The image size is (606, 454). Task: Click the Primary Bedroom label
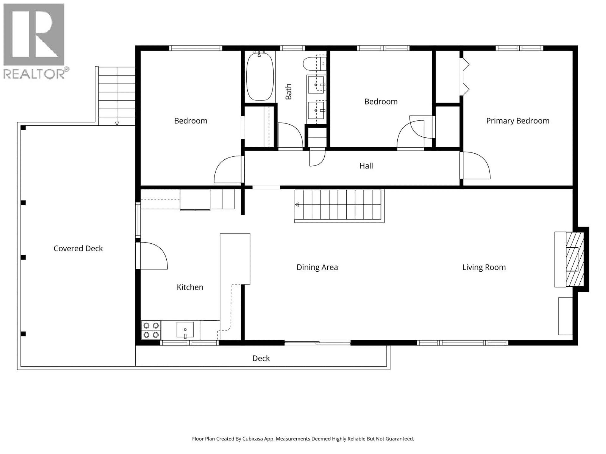(x=517, y=121)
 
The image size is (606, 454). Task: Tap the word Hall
(x=366, y=166)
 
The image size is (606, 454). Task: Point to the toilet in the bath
(x=312, y=64)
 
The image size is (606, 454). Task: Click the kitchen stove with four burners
(x=151, y=330)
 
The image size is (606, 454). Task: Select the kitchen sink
(x=185, y=329)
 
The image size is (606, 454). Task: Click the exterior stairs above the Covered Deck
(x=117, y=96)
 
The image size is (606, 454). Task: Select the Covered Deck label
(x=78, y=248)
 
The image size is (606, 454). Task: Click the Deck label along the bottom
(x=261, y=358)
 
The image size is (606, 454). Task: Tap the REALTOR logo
(x=34, y=41)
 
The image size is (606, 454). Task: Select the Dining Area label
(x=317, y=267)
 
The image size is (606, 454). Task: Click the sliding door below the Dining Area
(x=317, y=342)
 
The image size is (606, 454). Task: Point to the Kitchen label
(x=190, y=287)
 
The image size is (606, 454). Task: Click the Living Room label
(x=484, y=267)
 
